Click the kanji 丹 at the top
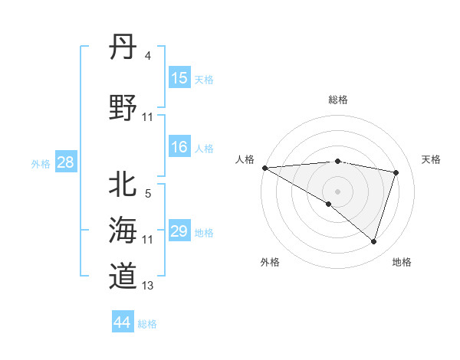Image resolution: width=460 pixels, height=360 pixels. pos(123,47)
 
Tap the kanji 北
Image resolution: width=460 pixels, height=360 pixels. pos(123,184)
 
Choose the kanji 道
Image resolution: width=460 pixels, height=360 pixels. pos(123,275)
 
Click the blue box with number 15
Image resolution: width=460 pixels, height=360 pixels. pos(179,78)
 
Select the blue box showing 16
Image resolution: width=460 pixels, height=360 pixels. pos(179,147)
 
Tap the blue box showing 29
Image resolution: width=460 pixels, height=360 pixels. pos(179,231)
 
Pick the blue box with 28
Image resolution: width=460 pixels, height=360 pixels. pos(65,162)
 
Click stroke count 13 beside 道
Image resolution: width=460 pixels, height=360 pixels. pos(148,286)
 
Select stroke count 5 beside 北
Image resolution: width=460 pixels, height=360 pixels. pos(148,193)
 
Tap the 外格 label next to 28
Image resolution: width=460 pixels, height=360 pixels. pos(41,163)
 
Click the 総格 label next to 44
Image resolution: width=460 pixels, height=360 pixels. pos(147,324)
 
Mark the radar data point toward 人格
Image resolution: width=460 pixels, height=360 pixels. pos(264,168)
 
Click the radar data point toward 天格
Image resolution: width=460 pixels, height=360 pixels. pos(396,172)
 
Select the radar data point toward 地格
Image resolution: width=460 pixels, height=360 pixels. pos(373,241)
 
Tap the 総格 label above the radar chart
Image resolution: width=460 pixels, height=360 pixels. pos(337,100)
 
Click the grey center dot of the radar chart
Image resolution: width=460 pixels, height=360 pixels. pos(337,190)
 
